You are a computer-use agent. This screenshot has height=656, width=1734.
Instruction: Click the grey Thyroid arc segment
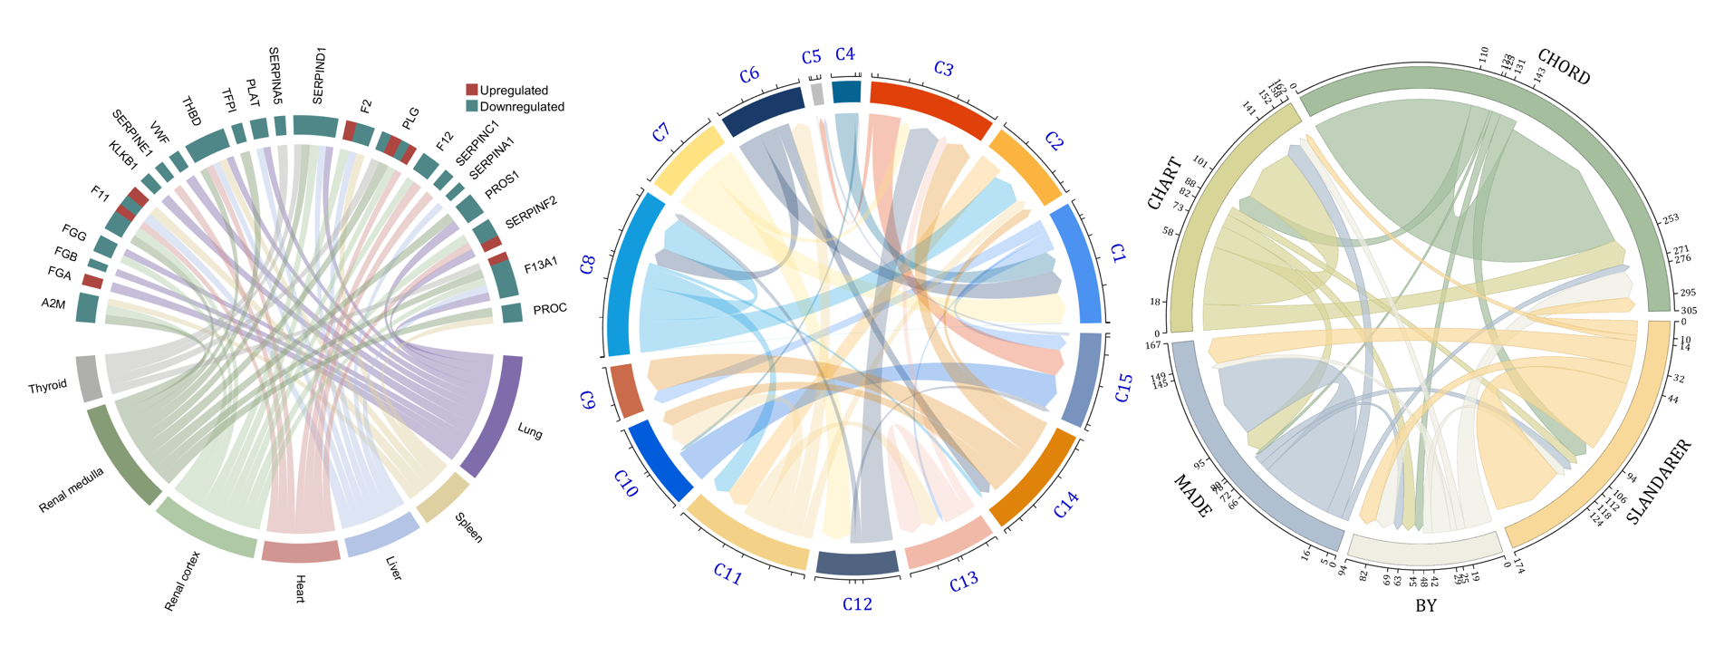(89, 379)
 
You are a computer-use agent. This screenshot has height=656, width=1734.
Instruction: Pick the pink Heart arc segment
(301, 551)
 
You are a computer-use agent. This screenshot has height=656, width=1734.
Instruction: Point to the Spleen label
(468, 526)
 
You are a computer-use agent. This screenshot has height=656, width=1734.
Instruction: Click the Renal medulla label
(72, 490)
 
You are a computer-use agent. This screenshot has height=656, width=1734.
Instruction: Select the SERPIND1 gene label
(318, 76)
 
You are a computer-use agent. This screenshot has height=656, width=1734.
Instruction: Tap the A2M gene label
(53, 304)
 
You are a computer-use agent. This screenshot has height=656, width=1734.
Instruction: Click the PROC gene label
(550, 309)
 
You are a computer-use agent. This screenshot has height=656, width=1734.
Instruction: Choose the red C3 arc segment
(930, 108)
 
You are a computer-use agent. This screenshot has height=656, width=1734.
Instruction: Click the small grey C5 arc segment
(817, 93)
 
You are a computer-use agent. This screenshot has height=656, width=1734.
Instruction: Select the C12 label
(857, 604)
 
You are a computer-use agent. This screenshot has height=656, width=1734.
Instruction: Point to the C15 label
(1123, 387)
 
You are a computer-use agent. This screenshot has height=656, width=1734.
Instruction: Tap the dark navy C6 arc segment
(763, 109)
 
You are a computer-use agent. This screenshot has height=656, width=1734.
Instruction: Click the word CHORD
(1564, 66)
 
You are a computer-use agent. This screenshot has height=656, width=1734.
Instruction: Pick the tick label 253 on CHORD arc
(1670, 219)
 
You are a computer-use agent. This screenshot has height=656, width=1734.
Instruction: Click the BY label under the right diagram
(1426, 605)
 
